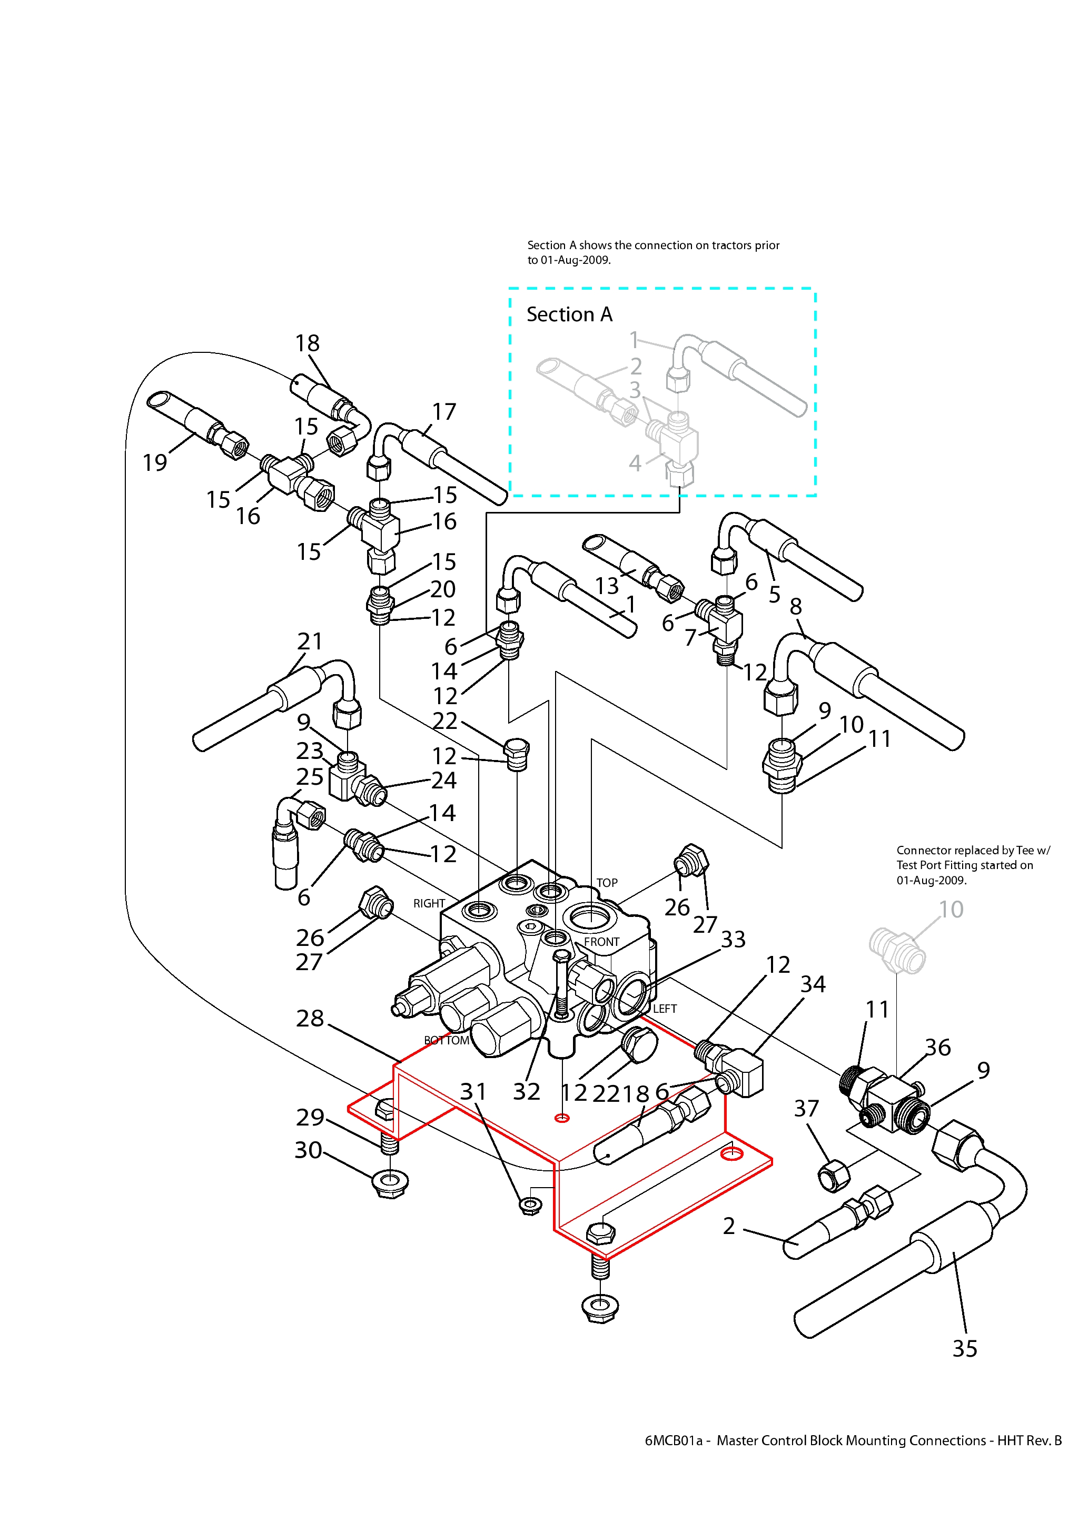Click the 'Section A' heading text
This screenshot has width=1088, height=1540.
click(x=569, y=314)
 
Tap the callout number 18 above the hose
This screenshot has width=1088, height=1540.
click(x=307, y=343)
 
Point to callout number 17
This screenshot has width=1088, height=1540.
click(x=443, y=411)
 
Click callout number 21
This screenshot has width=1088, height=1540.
click(x=310, y=641)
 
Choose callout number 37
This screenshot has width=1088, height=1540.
click(x=806, y=1108)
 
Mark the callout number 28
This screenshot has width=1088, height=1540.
click(x=310, y=1018)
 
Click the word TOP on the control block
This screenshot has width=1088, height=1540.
click(x=607, y=883)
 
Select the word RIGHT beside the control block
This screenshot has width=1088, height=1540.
click(x=429, y=903)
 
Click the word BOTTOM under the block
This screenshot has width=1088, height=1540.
click(x=447, y=1040)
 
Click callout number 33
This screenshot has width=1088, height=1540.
click(x=733, y=939)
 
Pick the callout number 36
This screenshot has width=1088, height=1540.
click(x=938, y=1047)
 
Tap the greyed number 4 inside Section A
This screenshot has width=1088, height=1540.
click(x=635, y=463)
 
